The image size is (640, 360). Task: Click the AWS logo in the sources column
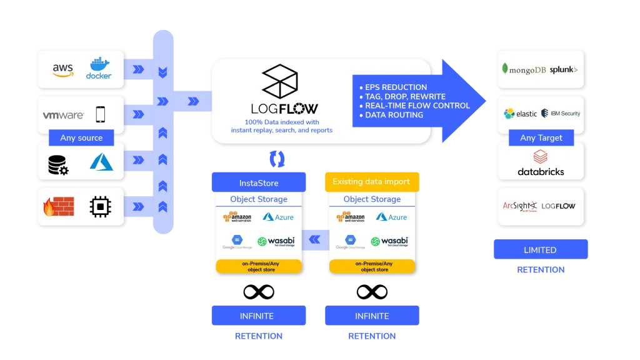pos(62,70)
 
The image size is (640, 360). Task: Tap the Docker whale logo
pos(99,68)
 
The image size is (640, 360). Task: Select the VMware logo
pos(63,115)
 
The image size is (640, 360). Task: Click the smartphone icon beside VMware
pos(100,114)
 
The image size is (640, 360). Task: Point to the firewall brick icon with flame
pos(58,206)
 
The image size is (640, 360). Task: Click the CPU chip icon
pos(100,206)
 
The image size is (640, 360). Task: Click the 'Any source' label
pos(81,137)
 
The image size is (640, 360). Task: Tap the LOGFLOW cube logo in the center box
pos(280,81)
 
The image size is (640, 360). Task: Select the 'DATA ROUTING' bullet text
pos(394,115)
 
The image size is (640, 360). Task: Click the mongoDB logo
pos(524,70)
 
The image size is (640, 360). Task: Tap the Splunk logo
pos(564,70)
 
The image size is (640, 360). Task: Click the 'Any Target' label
pos(541,137)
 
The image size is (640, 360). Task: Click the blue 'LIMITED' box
pos(540,249)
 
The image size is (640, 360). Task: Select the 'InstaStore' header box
pos(259,182)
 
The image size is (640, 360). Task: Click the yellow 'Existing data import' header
pos(371,182)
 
